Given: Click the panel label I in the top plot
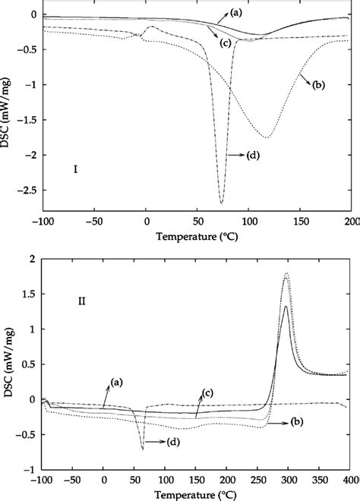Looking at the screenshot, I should pos(76,169).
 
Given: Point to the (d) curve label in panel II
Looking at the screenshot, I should pos(174,441).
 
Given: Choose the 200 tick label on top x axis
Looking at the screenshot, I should pos(352,222).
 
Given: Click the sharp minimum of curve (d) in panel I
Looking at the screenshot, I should pos(222,203).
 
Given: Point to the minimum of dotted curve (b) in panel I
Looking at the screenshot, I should pos(267,137).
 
